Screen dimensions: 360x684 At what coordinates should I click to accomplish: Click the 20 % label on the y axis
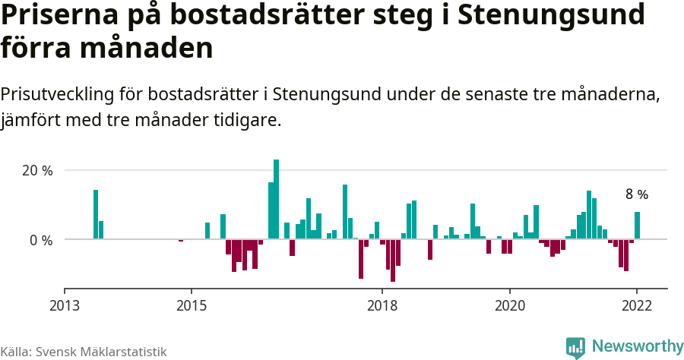click(x=36, y=171)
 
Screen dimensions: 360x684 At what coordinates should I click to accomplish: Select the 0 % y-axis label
click(x=40, y=240)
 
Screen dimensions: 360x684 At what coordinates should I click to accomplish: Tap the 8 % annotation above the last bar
click(x=636, y=194)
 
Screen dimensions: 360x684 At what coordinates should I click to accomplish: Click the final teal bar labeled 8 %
click(x=637, y=226)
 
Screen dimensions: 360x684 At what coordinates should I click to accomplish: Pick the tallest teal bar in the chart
click(x=276, y=199)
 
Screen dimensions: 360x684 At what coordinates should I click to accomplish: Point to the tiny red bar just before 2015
click(x=181, y=241)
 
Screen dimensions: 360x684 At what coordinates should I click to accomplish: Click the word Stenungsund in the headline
click(x=564, y=15)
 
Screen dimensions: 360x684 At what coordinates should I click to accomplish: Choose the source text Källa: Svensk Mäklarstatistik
click(x=83, y=352)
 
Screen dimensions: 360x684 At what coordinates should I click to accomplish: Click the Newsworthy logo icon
click(x=575, y=347)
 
